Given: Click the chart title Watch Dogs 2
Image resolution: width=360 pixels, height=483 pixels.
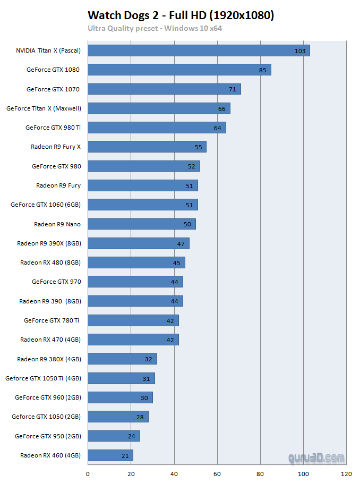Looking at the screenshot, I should (x=181, y=15).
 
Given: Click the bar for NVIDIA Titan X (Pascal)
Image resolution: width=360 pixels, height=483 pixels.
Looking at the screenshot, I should (x=199, y=50).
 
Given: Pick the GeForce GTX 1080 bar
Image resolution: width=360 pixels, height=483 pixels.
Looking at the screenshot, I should (x=179, y=70).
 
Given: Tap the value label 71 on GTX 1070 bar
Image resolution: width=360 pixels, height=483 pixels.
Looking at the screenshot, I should (x=233, y=89).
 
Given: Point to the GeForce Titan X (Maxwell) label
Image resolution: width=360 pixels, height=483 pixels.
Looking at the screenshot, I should (x=44, y=108).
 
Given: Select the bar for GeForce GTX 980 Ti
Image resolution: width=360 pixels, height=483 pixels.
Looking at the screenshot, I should (x=157, y=128).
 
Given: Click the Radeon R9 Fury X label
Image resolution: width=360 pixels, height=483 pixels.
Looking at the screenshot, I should (x=56, y=147).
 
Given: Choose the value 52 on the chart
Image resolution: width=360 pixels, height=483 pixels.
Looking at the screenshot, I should (x=191, y=166).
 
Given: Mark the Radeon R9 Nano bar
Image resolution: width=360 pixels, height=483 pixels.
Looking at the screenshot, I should (x=141, y=224).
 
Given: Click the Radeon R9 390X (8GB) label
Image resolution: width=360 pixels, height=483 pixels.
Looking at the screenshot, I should (x=49, y=243).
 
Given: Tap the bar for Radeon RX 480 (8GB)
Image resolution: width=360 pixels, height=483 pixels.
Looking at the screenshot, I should (x=136, y=262).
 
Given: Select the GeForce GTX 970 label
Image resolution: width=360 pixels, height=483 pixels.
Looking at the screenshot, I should (x=56, y=282).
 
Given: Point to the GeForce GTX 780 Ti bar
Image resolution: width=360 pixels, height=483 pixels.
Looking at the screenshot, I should (x=133, y=320).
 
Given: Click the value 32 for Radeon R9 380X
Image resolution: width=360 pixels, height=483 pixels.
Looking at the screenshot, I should (x=148, y=359).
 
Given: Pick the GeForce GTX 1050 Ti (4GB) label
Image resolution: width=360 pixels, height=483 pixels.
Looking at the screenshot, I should (x=43, y=378).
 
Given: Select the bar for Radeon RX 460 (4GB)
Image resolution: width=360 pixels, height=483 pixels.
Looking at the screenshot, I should (x=110, y=455).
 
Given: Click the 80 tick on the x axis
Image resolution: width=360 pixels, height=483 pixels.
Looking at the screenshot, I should (x=260, y=473).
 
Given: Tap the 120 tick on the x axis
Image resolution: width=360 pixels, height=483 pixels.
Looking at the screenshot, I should (x=346, y=473).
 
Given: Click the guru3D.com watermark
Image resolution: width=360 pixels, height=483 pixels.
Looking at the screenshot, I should (x=316, y=457).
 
